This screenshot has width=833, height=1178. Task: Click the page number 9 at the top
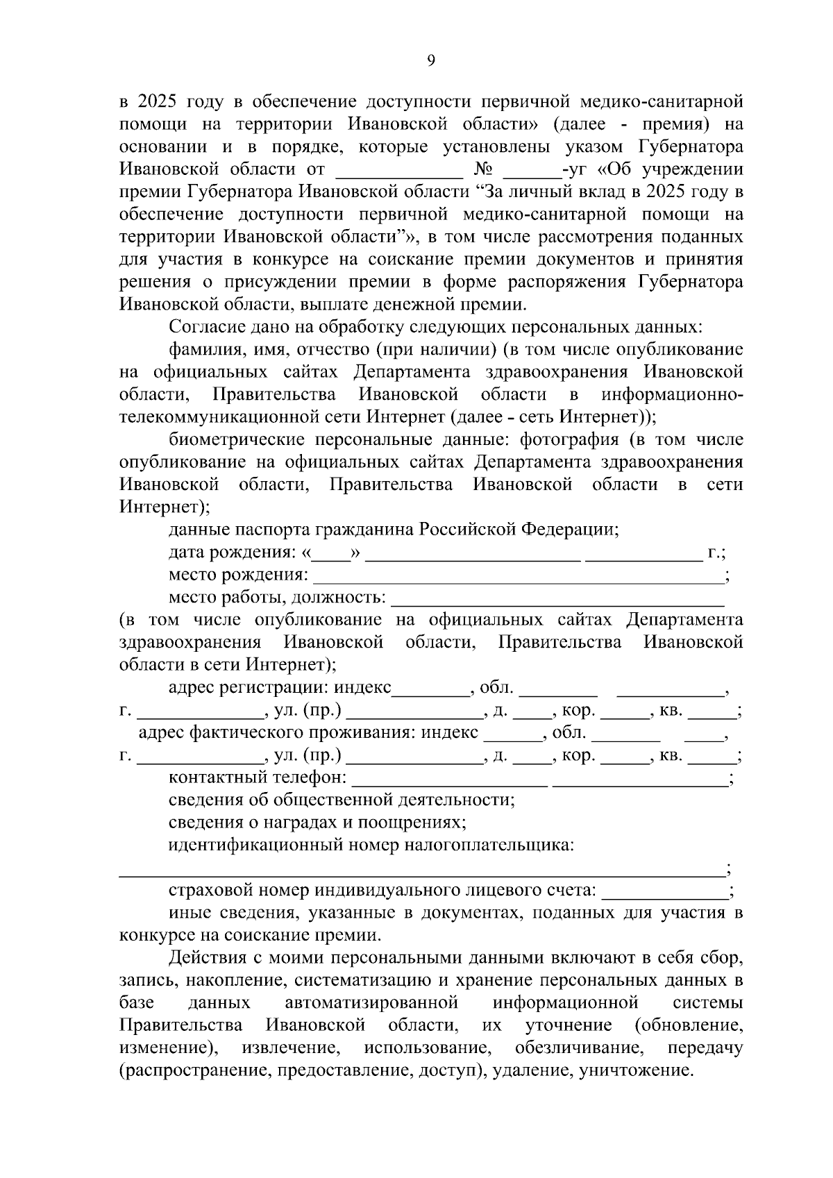pos(431,61)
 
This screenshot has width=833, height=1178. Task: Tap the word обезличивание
pos(571,1047)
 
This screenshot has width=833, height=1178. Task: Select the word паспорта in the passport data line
pos(269,530)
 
